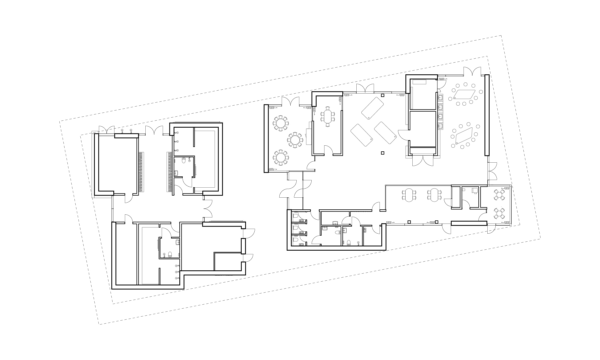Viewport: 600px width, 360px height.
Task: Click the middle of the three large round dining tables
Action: click(295, 140)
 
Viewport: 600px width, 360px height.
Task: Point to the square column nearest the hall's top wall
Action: click(383, 96)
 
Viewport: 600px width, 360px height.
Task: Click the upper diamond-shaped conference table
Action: click(465, 94)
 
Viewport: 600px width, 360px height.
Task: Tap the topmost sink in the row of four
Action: click(441, 97)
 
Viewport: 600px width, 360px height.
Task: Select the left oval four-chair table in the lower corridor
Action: click(408, 194)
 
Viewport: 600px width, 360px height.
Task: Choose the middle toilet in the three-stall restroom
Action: click(295, 228)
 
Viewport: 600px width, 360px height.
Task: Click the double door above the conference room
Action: click(473, 71)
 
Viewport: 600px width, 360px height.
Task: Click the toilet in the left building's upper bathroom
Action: click(184, 161)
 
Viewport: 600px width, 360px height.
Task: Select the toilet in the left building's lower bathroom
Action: click(169, 255)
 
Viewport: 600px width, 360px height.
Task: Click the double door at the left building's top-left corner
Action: click(106, 130)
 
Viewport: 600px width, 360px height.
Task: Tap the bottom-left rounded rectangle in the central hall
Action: click(361, 134)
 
